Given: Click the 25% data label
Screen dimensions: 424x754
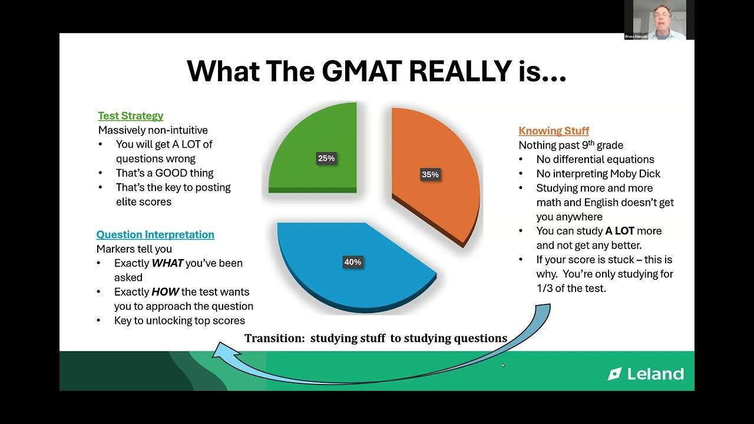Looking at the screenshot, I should click(x=326, y=158).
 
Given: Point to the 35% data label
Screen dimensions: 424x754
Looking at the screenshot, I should click(x=429, y=174).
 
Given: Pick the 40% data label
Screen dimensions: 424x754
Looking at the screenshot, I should click(x=352, y=262).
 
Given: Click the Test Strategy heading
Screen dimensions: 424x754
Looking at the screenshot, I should click(x=130, y=116).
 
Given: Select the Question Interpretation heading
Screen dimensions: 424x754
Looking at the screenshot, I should click(x=155, y=234).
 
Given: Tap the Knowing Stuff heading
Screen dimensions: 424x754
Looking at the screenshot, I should click(x=553, y=131).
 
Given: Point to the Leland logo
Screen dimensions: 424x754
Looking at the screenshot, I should click(x=646, y=374).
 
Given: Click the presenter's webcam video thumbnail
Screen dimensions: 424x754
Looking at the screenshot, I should click(x=659, y=19).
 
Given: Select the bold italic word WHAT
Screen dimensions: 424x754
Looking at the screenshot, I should click(x=167, y=263).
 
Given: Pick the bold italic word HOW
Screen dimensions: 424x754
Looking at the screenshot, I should click(x=165, y=292).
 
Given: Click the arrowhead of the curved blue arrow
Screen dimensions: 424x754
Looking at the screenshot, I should click(x=221, y=351).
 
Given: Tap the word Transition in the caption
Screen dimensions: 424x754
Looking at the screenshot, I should click(x=274, y=338).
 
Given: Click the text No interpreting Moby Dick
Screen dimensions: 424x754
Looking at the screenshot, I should click(x=598, y=174).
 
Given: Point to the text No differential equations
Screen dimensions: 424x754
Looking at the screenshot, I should click(x=595, y=160).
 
